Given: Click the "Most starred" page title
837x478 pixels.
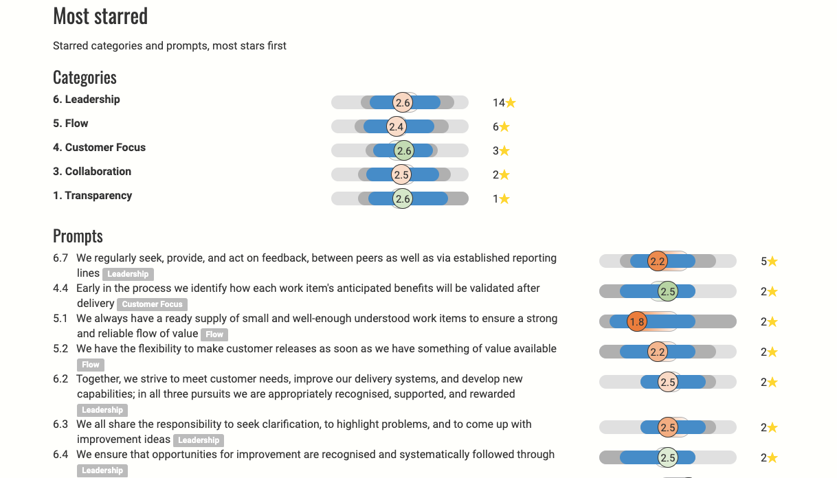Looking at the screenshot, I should (100, 16).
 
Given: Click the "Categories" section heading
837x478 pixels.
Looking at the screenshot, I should (85, 77).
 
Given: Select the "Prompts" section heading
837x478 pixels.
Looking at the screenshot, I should (78, 236).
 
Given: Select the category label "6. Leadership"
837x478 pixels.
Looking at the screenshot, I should (87, 100).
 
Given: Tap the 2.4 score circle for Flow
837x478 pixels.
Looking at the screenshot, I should (396, 126).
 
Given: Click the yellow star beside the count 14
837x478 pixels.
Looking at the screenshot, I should (511, 103).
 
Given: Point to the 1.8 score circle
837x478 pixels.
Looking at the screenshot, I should (637, 321).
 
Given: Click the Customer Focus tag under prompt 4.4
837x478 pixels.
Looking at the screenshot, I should (152, 304).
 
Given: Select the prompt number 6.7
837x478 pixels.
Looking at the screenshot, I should (60, 258).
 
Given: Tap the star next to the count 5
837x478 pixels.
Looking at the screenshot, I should (772, 262).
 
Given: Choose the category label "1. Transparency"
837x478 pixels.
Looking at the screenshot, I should (92, 196).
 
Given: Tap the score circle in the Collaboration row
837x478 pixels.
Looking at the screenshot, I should (402, 174).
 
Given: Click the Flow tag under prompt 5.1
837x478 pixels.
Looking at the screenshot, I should (214, 334).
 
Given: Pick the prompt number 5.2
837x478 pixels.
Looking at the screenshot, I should (60, 349).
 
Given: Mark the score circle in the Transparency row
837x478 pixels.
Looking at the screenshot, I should (403, 198).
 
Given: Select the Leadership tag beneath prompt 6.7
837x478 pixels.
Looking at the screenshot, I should (128, 274).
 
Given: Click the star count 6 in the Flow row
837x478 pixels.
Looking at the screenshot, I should (495, 127).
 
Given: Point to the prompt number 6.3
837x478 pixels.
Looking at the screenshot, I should (60, 424).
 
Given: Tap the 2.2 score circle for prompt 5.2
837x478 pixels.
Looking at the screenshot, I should (658, 352).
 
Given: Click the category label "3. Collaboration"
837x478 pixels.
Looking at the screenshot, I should (92, 172).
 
